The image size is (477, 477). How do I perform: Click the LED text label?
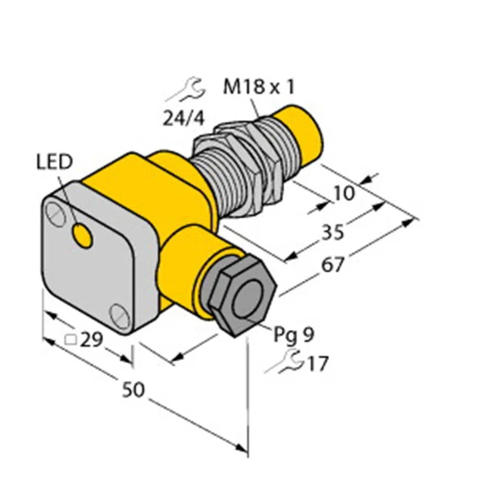[55, 162]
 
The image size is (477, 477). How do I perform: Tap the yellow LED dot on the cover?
[82, 236]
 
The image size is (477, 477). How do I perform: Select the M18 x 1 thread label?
[259, 87]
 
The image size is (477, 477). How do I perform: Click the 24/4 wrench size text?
[184, 118]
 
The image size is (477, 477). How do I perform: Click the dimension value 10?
[344, 193]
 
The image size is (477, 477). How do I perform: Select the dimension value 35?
[333, 232]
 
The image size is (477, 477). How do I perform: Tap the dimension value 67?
[333, 265]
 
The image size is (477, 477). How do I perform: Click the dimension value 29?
[91, 340]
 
